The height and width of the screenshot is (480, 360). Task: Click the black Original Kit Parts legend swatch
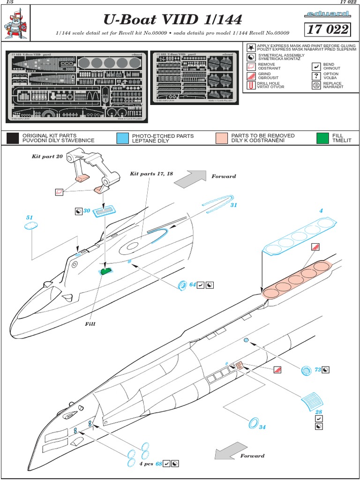(13, 138)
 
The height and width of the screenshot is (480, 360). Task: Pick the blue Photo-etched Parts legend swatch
(122, 138)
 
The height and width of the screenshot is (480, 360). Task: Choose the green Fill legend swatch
(322, 138)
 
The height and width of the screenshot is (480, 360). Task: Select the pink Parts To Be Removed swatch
(222, 138)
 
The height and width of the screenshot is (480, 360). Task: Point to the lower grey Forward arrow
(224, 454)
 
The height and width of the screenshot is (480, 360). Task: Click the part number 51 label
(30, 217)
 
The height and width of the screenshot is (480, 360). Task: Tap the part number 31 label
(234, 205)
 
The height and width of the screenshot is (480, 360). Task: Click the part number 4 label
(321, 211)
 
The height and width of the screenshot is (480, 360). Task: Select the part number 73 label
(317, 370)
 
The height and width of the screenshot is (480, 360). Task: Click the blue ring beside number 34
(253, 423)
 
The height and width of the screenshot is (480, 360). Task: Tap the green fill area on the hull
(106, 270)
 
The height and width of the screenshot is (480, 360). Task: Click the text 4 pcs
(146, 464)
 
